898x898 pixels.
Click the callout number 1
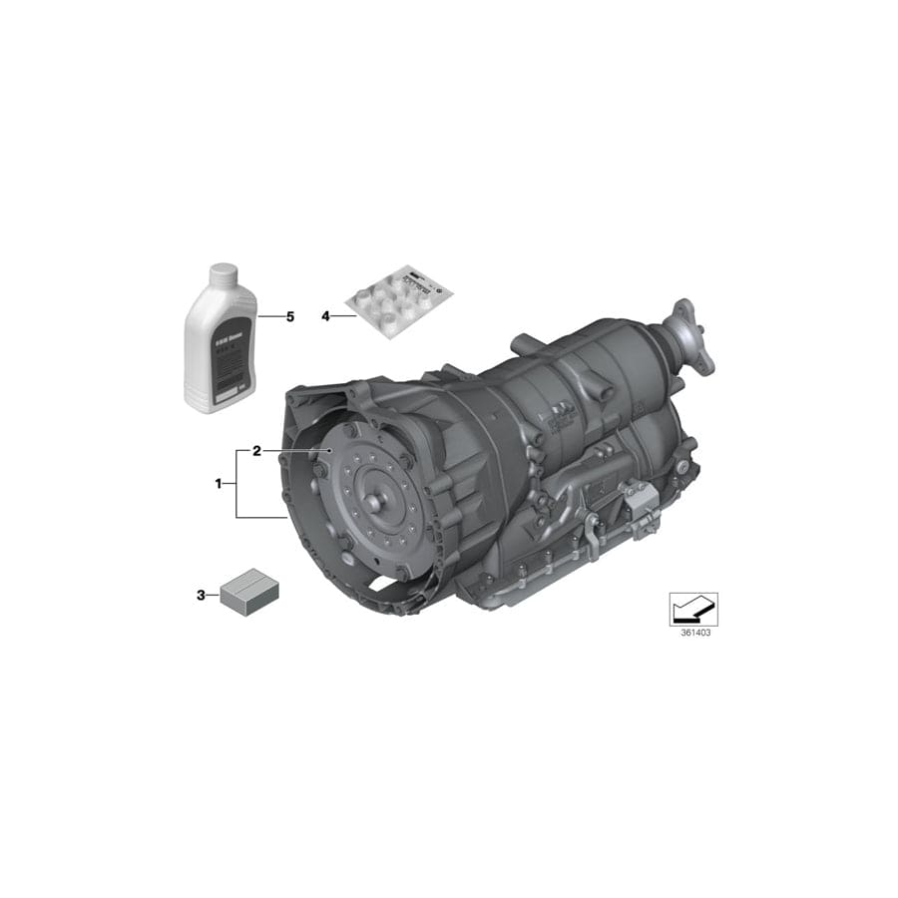pos(218,484)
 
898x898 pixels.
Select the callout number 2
pos(256,451)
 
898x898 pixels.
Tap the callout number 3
pos(201,596)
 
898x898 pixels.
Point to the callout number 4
pos(325,316)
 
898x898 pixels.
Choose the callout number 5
pos(290,316)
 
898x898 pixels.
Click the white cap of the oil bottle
pos(222,272)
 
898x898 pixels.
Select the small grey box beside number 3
pos(248,591)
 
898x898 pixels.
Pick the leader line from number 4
pos(343,316)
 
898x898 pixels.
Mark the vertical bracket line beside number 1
pos(236,484)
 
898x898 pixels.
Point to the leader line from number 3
pos(214,596)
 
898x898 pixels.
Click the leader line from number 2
pos(295,451)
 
